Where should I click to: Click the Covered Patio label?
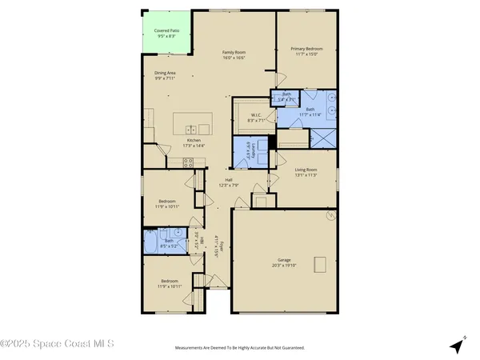[x=166, y=30]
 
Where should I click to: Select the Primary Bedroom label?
[x=305, y=49]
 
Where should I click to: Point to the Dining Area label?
[x=165, y=73]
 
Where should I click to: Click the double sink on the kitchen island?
[x=191, y=130]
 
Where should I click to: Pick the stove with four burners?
[x=190, y=162]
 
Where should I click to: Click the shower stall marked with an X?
[x=322, y=138]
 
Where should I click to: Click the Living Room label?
[x=307, y=170]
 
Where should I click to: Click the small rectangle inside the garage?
[x=321, y=266]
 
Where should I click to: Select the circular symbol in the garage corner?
[x=328, y=216]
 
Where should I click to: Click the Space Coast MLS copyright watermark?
[x=57, y=345]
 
